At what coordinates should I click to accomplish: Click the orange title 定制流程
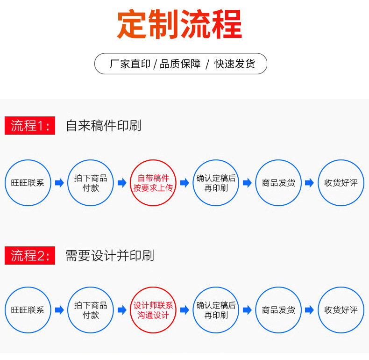pos(180,24)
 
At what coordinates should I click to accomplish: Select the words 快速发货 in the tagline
pos(234,64)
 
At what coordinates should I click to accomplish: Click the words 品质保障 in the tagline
pos(180,64)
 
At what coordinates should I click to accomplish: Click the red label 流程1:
pos(30,125)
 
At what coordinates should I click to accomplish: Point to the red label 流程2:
pos(30,255)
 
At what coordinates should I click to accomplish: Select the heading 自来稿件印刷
pos(103,125)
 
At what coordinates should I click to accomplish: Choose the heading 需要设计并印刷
pos(109,255)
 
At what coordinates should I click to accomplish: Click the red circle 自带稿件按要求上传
pos(153,183)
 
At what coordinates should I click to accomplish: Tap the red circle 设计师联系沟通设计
pos(153,310)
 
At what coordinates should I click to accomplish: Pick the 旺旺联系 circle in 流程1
pos(28,183)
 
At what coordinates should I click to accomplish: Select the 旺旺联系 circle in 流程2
pos(28,310)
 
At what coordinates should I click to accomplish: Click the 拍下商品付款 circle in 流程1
pos(91,183)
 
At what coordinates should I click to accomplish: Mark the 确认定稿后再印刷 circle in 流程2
pos(216,310)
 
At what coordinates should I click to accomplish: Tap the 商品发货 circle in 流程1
pos(278,183)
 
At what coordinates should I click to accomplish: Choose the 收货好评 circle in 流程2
pos(341,310)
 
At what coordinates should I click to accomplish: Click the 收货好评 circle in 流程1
pos(341,183)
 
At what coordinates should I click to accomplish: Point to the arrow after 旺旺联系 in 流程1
pos(59,183)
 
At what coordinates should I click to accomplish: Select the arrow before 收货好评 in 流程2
pos(309,310)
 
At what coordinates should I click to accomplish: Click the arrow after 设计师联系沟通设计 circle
pos(184,310)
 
